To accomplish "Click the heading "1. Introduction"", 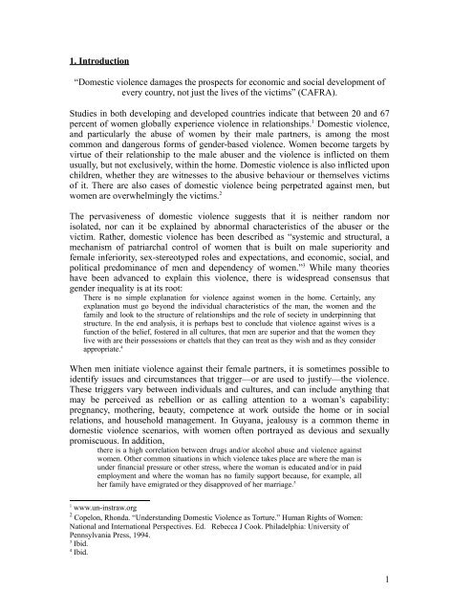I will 87,64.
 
